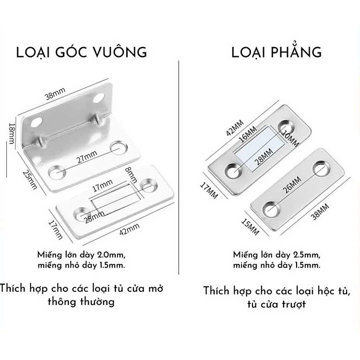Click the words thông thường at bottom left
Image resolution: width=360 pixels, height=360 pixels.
(x=81, y=302)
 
